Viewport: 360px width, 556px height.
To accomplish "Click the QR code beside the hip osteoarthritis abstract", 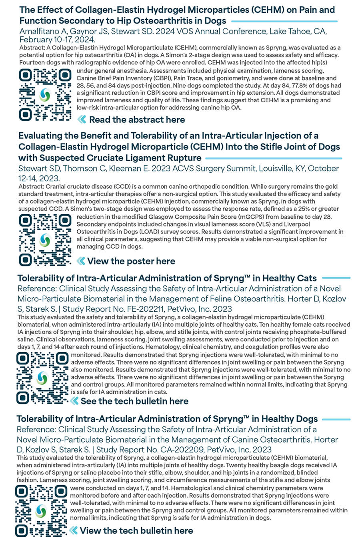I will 45,95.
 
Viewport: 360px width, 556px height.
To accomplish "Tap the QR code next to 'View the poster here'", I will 45,240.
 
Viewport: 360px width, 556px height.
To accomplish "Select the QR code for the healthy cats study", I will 42,378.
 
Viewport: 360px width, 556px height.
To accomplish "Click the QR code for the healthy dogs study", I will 41,511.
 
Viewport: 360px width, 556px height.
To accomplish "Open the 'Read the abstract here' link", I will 137,120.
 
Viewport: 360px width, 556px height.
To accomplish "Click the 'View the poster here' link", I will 131,261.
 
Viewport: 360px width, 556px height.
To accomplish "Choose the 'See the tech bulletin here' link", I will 134,401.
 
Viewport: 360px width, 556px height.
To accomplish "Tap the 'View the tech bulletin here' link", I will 136,530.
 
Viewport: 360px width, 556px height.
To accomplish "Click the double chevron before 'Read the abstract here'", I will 82,120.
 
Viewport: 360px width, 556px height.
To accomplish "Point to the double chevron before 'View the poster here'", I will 81,261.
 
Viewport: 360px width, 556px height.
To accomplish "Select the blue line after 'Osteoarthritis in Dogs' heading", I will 284,21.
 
